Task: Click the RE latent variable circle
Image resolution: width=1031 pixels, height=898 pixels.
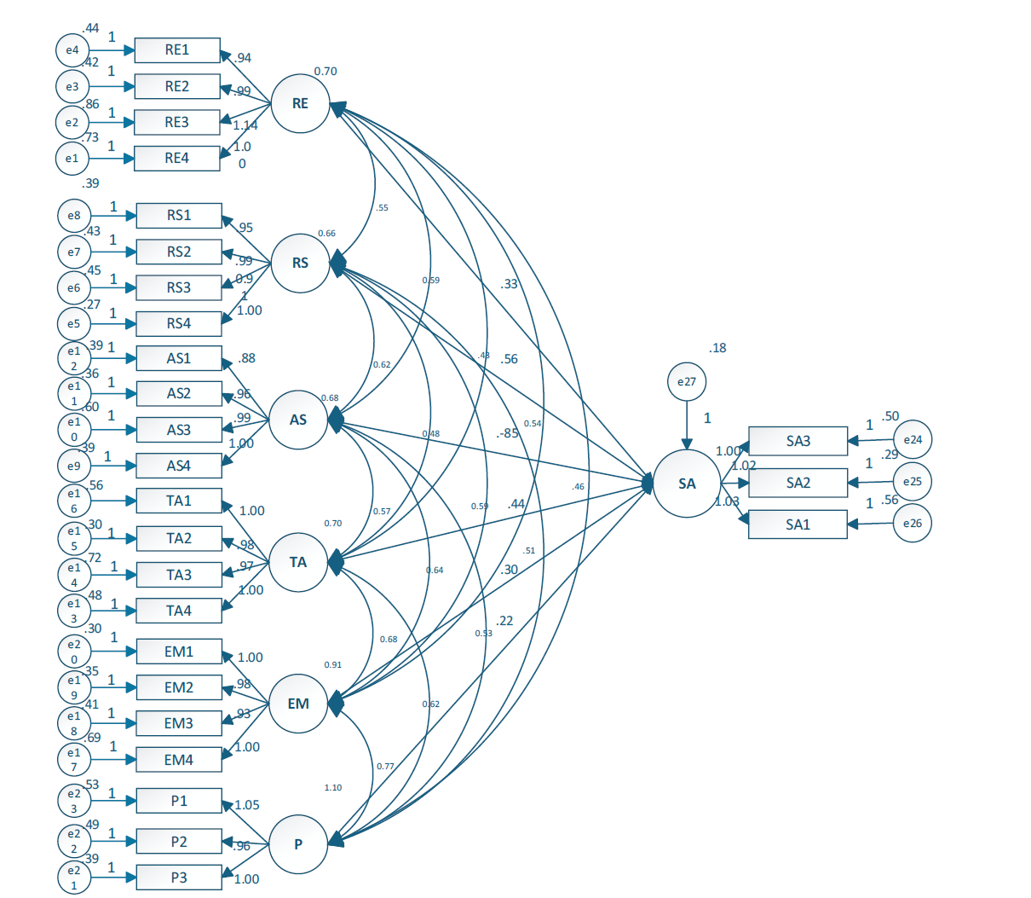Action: click(300, 103)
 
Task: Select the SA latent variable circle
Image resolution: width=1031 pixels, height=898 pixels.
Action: click(687, 484)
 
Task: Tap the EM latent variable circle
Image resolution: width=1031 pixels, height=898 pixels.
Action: click(298, 704)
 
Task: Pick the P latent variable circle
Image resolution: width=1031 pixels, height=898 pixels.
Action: click(298, 844)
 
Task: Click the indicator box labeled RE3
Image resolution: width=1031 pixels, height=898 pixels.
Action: click(177, 122)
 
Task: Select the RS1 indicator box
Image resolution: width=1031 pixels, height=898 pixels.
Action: click(179, 215)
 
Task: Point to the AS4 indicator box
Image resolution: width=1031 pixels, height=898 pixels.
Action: click(179, 466)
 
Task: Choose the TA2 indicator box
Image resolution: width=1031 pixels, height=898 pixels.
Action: click(179, 538)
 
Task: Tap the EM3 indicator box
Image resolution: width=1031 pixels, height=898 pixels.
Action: click(179, 723)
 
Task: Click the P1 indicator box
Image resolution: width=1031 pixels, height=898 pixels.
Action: click(179, 801)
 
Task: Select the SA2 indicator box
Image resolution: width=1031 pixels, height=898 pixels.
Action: click(798, 483)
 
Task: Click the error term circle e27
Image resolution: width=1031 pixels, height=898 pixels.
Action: click(687, 382)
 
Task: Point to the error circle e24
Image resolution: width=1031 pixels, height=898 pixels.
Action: click(913, 440)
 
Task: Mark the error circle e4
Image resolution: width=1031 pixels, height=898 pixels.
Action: click(72, 50)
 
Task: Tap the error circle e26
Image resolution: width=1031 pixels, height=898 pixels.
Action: click(913, 524)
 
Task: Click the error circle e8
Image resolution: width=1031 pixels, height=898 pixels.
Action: click(74, 216)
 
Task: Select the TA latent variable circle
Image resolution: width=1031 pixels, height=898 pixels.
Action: click(298, 562)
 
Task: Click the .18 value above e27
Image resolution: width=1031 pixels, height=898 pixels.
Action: click(717, 348)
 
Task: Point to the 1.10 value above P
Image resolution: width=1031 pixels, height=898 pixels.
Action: click(332, 788)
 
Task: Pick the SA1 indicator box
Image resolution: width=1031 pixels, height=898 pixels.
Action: click(798, 524)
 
